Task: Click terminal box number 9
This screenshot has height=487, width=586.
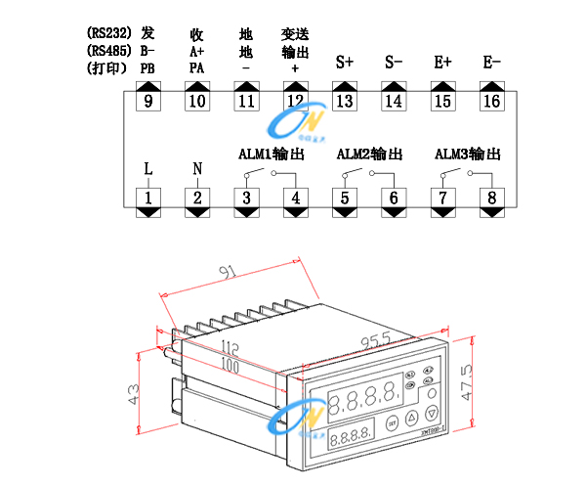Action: point(148,102)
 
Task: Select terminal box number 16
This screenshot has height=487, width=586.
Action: point(491,102)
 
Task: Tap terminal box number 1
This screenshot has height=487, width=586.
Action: point(148,199)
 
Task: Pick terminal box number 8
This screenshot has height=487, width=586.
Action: point(491,199)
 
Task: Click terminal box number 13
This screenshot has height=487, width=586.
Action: point(344,102)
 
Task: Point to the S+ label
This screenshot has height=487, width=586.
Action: point(344,62)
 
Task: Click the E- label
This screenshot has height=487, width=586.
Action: point(491,62)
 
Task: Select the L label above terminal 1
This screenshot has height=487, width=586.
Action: point(148,168)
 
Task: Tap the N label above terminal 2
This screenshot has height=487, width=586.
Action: point(197,168)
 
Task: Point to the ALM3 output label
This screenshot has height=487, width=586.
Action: point(468,155)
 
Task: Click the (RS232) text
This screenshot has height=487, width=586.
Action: point(109,33)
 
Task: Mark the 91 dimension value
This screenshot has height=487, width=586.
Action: point(230,271)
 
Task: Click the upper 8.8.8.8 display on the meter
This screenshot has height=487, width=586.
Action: point(362,399)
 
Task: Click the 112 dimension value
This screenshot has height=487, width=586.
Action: point(230,348)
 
